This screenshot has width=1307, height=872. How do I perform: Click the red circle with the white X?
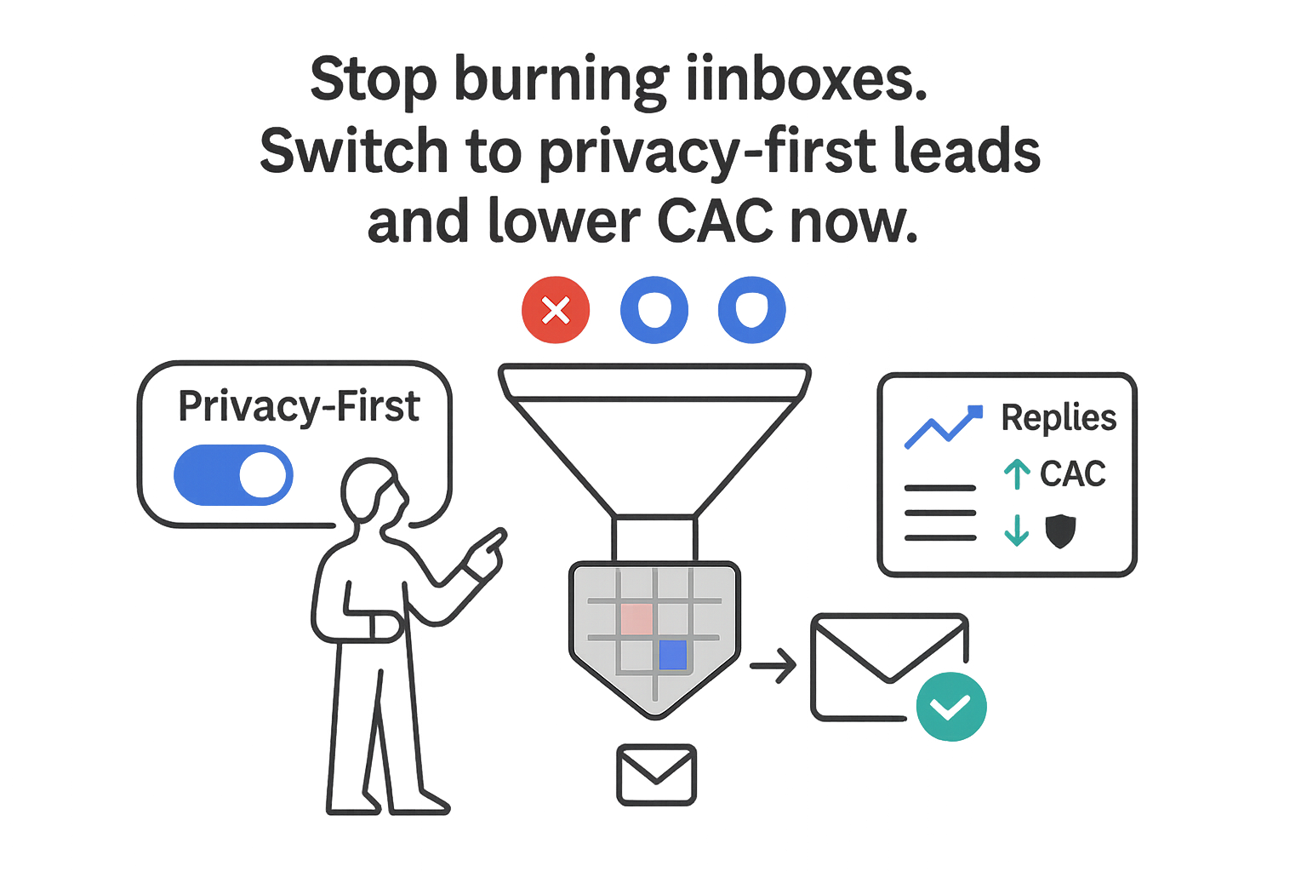pyautogui.click(x=556, y=310)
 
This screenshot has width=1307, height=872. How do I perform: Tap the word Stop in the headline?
pyautogui.click(x=373, y=80)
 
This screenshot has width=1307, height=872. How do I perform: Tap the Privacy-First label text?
pyautogui.click(x=299, y=406)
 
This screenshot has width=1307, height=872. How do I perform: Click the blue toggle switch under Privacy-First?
pyautogui.click(x=234, y=474)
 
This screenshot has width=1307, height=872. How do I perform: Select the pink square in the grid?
pyautogui.click(x=636, y=619)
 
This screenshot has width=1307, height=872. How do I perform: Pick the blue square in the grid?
pyautogui.click(x=672, y=655)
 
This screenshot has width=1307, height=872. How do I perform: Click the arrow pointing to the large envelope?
pyautogui.click(x=773, y=665)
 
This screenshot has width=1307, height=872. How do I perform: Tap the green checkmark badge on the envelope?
pyautogui.click(x=950, y=706)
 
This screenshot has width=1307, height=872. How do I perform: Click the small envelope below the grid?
pyautogui.click(x=656, y=775)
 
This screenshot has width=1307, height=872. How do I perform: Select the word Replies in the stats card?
pyautogui.click(x=1059, y=417)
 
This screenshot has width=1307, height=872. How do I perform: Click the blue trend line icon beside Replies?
pyautogui.click(x=942, y=427)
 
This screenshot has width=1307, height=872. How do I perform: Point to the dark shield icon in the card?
pyautogui.click(x=1059, y=531)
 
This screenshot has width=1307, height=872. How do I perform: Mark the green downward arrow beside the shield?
pyautogui.click(x=1017, y=531)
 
